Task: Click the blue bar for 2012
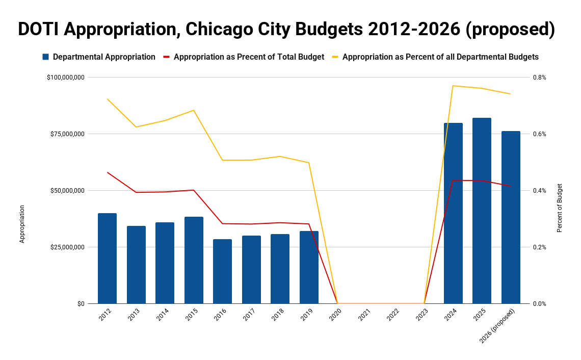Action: tap(107, 259)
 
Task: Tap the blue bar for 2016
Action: tap(222, 271)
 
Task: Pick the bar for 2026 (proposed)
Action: tap(511, 217)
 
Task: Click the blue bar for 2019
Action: tap(309, 267)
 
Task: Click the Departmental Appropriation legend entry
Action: tap(99, 57)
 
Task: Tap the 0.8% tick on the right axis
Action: tap(539, 78)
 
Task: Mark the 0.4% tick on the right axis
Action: tap(539, 191)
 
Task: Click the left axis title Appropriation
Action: tap(22, 224)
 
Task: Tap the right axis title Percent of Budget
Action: tap(560, 208)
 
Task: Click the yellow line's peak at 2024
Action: tap(453, 86)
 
